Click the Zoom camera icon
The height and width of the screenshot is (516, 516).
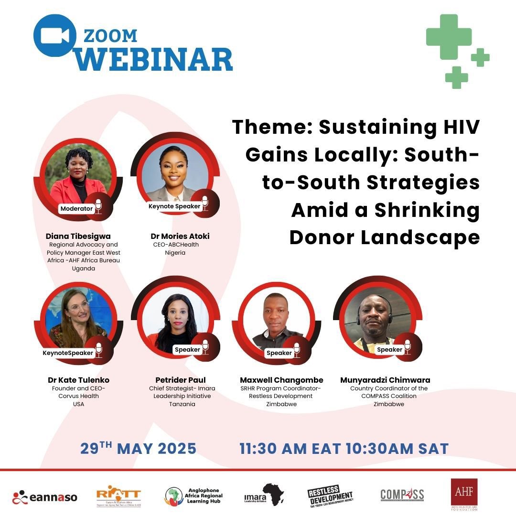tap(54, 36)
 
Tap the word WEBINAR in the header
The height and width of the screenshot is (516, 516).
tap(155, 59)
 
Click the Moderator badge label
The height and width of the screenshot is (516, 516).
tap(76, 208)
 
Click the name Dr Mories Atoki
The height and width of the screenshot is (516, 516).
tap(180, 236)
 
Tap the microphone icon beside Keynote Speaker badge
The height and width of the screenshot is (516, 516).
tap(205, 203)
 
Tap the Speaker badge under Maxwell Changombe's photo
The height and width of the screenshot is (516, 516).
tap(279, 353)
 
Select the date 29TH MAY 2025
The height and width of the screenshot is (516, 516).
tap(138, 449)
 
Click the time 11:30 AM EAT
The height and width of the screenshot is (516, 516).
tap(290, 449)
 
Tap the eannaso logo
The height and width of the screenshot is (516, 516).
tap(45, 497)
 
